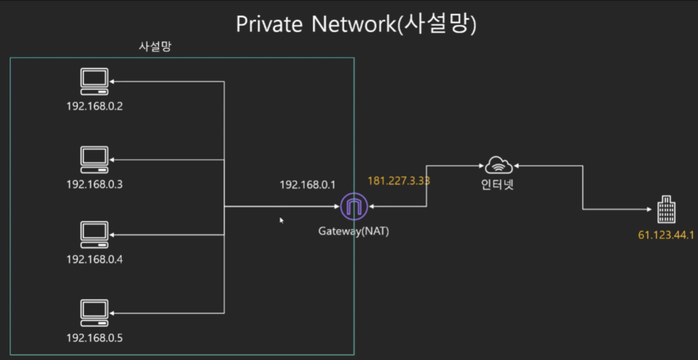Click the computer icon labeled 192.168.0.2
click(94, 82)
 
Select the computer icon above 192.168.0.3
click(94, 160)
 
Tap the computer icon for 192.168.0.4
click(94, 234)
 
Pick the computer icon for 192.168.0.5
click(94, 313)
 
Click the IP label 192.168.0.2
click(94, 107)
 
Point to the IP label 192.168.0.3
click(94, 185)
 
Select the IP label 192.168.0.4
click(94, 259)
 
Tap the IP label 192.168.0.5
click(94, 338)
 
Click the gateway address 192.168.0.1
click(307, 185)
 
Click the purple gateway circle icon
click(354, 207)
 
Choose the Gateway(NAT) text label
click(354, 231)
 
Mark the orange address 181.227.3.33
click(398, 181)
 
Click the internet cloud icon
click(499, 165)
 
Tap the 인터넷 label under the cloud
click(497, 185)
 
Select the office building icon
click(666, 210)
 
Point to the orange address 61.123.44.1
click(666, 235)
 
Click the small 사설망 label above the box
click(155, 46)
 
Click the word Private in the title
click(269, 24)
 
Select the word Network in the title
click(354, 24)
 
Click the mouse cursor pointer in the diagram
click(281, 220)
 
